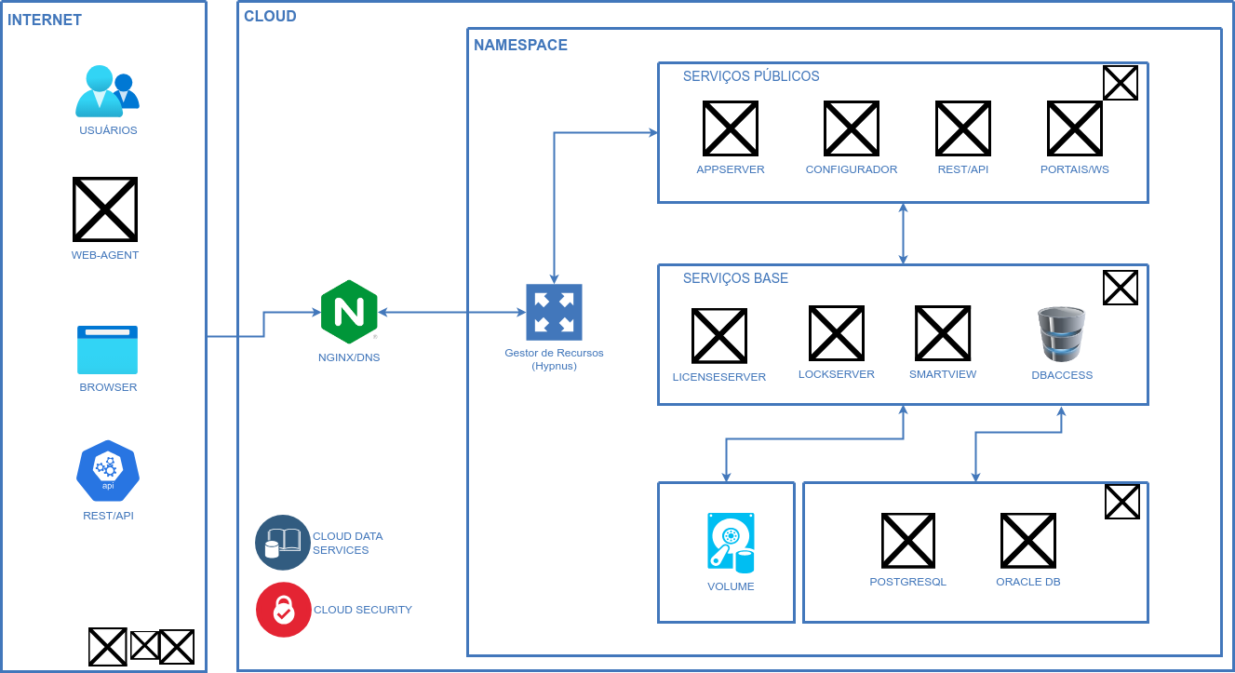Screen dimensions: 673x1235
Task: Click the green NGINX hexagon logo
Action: click(349, 312)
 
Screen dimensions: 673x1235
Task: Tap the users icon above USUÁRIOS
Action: click(107, 90)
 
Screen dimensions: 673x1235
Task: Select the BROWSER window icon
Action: click(107, 350)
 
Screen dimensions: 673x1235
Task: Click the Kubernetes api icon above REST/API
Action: click(108, 469)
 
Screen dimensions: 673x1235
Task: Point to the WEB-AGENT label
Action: click(105, 255)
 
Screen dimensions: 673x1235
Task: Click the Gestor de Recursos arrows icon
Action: click(554, 312)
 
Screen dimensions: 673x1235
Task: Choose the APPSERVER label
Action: click(731, 169)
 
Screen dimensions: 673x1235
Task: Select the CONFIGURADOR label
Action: click(851, 169)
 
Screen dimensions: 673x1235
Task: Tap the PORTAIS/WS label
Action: click(1074, 169)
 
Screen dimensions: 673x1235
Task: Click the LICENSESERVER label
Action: click(719, 377)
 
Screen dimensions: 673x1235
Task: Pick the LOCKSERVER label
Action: click(836, 374)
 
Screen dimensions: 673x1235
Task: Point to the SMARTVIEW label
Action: click(943, 374)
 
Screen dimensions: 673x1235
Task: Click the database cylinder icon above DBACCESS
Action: click(1061, 334)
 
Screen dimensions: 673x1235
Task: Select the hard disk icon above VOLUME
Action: click(731, 543)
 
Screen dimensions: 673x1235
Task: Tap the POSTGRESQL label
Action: click(907, 582)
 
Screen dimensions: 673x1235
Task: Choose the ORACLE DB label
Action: click(1027, 582)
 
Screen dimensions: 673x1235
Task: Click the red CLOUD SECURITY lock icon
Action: click(283, 610)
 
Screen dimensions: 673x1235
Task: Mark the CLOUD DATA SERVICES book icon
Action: click(283, 542)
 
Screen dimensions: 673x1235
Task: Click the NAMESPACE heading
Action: click(520, 45)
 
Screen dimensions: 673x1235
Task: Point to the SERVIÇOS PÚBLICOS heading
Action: click(751, 76)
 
